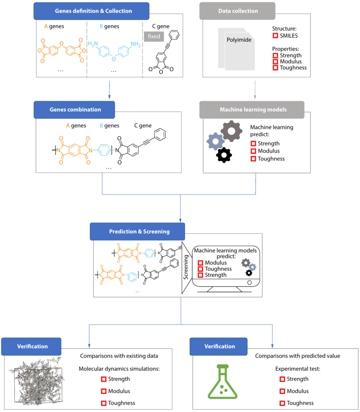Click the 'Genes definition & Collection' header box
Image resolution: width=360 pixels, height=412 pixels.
(91, 11)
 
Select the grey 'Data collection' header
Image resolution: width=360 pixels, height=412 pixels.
(237, 11)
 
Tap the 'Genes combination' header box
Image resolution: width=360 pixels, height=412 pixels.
(74, 110)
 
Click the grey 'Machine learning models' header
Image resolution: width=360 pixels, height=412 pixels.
(252, 110)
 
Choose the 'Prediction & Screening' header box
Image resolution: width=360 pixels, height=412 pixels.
(137, 232)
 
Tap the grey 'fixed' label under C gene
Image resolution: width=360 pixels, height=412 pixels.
(154, 36)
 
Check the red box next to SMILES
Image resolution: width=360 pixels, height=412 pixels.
(275, 36)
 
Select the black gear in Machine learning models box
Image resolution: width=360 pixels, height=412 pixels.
(224, 155)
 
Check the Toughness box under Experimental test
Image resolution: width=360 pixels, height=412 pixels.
(282, 403)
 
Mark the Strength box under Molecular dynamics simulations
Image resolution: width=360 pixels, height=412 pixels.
(104, 379)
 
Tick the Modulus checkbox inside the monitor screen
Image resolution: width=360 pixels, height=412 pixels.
(200, 263)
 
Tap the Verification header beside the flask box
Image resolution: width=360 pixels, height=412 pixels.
(219, 347)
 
